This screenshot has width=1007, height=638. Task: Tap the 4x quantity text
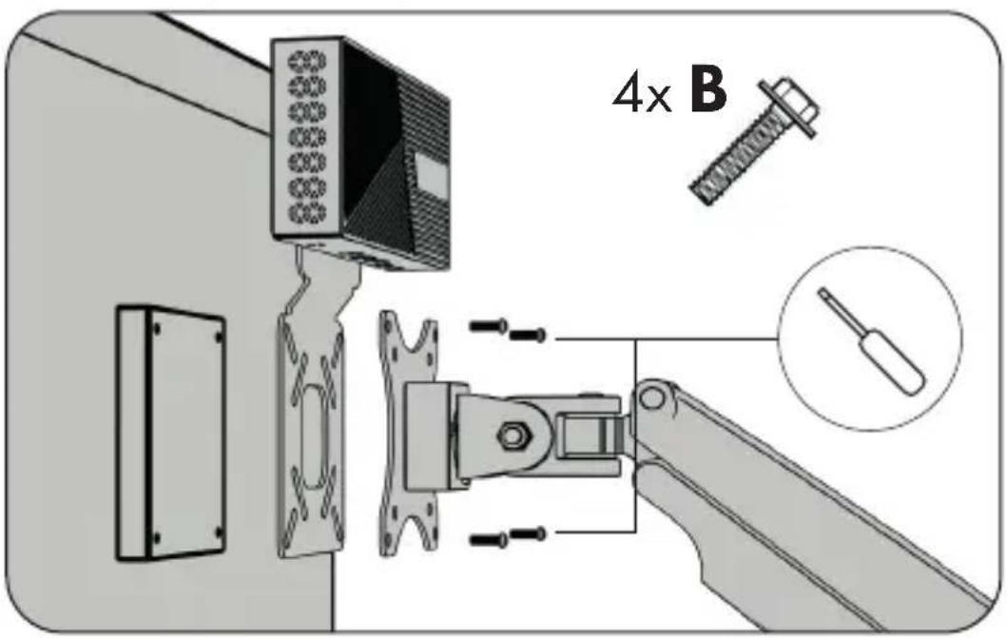[x=642, y=94]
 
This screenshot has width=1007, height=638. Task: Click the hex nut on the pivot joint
[x=512, y=435]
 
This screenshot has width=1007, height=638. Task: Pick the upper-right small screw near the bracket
[x=527, y=335]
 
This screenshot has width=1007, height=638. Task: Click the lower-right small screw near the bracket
[x=527, y=532]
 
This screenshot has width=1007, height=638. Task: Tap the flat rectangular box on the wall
[x=171, y=434]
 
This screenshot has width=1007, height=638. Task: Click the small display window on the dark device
[x=432, y=175]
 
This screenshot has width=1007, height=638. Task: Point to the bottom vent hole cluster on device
[x=307, y=212]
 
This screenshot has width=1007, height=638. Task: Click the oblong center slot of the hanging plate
[x=314, y=436]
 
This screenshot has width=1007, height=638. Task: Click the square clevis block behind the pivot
[x=585, y=435]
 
